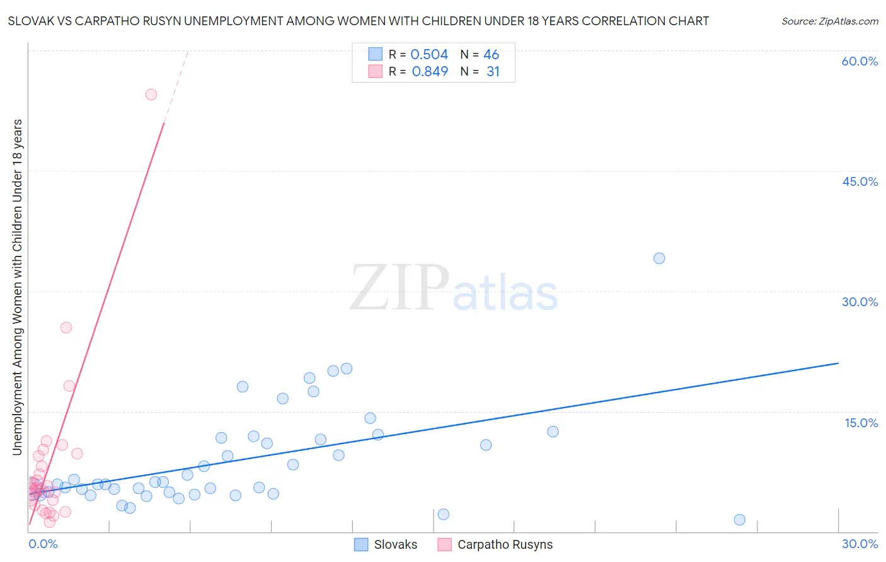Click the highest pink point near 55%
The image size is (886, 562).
151,95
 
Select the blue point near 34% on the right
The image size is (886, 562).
659,258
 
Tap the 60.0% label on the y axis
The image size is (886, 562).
860,61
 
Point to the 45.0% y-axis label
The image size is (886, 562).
860,181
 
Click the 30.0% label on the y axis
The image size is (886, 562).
860,302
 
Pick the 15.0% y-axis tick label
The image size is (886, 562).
861,423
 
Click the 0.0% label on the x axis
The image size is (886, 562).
43,544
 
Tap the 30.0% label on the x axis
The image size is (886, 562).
860,544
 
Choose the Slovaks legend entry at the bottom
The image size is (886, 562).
386,544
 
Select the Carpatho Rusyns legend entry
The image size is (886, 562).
495,544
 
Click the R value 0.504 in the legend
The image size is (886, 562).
429,55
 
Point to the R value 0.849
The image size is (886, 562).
430,72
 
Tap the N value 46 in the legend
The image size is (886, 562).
491,55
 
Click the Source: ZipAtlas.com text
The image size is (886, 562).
829,21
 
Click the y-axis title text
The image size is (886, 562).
18,287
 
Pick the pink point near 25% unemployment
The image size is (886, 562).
66,328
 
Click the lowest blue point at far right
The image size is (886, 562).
740,520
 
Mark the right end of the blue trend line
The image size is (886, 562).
838,363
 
